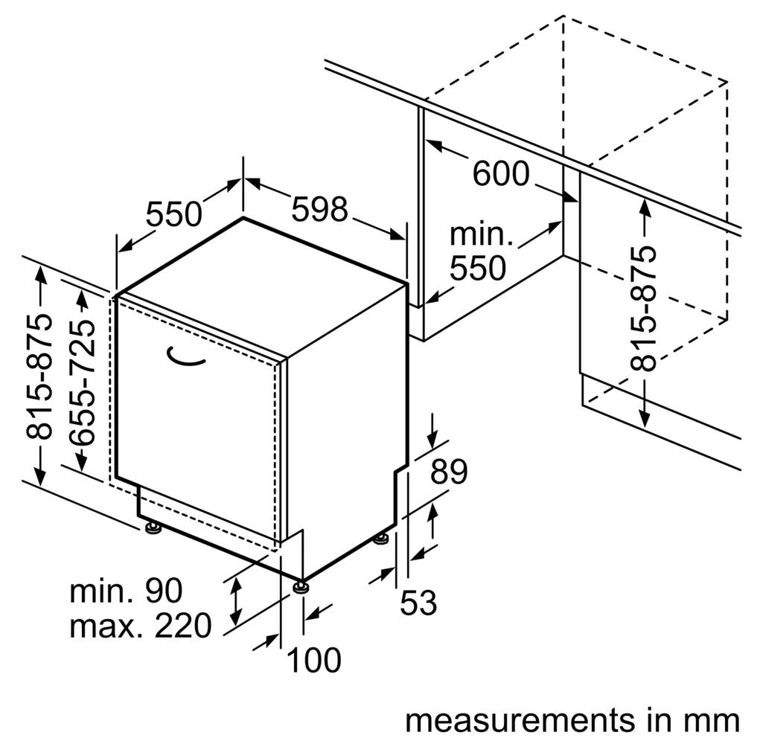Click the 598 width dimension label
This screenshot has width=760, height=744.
[320, 209]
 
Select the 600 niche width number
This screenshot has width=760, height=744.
[501, 173]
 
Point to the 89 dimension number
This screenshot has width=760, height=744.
[449, 471]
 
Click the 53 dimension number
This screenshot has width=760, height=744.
[418, 602]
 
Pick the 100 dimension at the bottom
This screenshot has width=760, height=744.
[314, 660]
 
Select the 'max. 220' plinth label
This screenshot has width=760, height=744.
[141, 625]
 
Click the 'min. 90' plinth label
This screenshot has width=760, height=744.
[126, 591]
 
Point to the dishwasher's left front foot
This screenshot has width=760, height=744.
[153, 527]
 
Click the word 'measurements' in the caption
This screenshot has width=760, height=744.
[519, 720]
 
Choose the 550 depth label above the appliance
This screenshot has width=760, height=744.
[174, 214]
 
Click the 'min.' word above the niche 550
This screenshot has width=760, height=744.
[481, 234]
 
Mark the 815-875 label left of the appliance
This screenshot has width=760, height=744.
[38, 377]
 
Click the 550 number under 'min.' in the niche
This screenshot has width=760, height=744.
[478, 269]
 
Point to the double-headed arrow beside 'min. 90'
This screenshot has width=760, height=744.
[236, 602]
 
